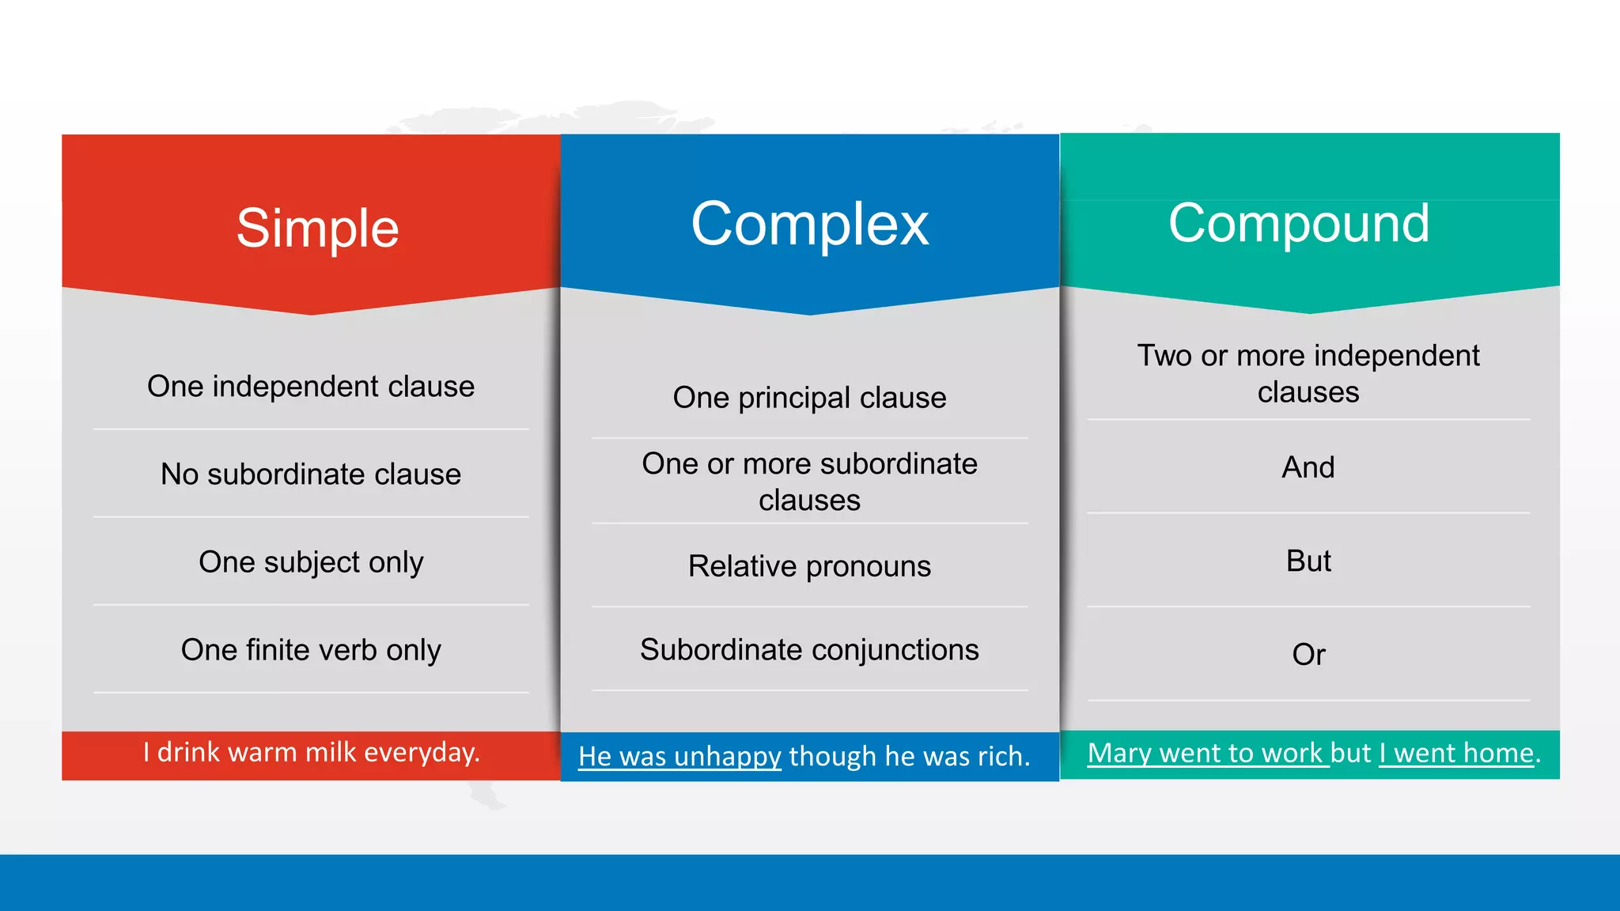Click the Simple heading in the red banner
point(317,229)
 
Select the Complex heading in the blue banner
point(809,225)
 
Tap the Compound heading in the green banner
point(1299,224)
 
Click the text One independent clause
point(311,387)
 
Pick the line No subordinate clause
point(311,474)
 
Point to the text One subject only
point(311,562)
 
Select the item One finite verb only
point(311,650)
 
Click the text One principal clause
point(809,398)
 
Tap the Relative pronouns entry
point(809,566)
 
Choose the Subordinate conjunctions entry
point(809,650)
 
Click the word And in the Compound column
point(1308,467)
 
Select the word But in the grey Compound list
point(1308,561)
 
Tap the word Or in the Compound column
point(1308,655)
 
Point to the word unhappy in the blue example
point(728,757)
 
